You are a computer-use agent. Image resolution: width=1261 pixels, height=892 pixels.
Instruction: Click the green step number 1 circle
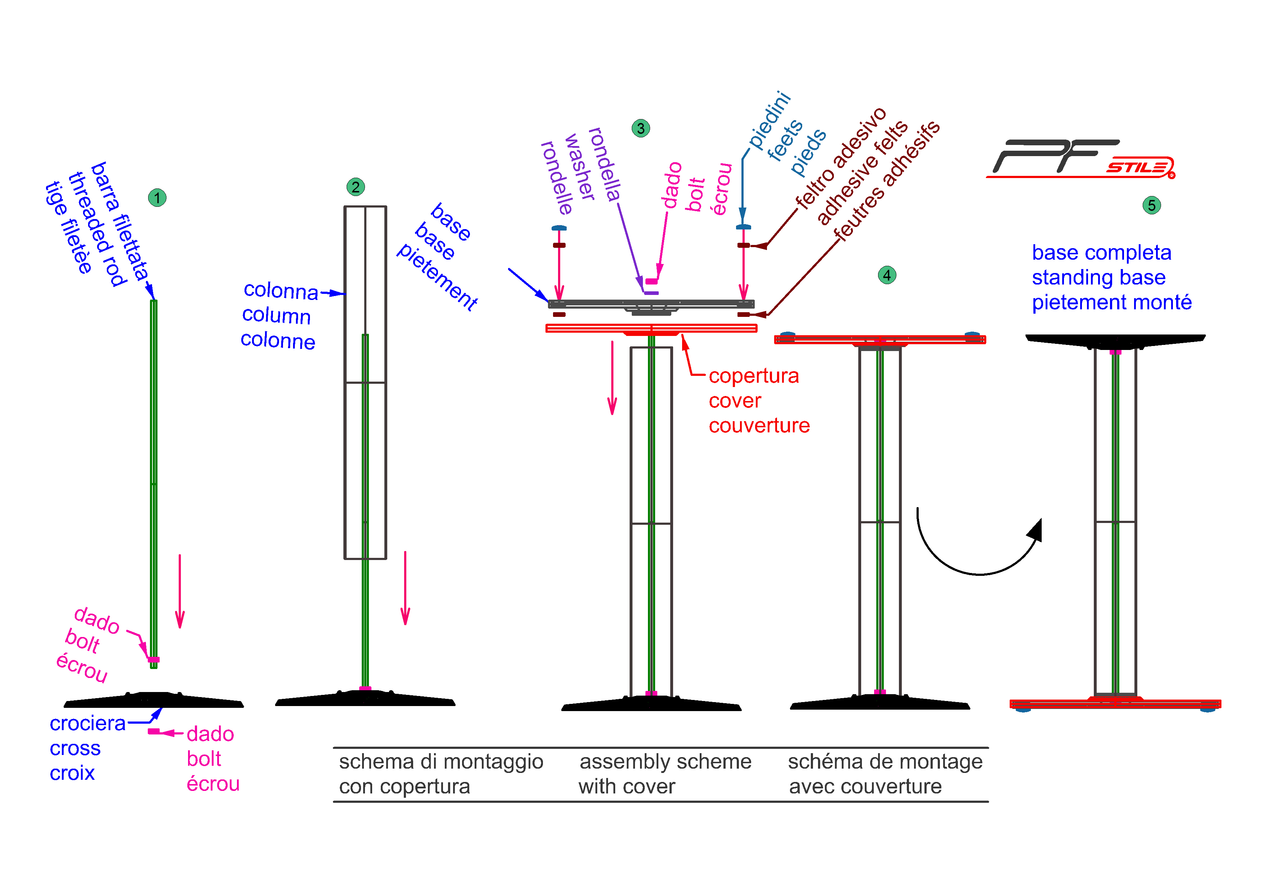click(x=157, y=198)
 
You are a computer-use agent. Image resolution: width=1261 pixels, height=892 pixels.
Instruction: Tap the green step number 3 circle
click(x=640, y=128)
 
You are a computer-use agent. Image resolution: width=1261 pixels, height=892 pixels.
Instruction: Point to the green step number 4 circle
click(x=887, y=275)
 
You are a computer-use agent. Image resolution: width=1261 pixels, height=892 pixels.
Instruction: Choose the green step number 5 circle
click(x=1152, y=205)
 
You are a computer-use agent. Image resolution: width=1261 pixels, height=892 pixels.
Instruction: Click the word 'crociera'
click(x=87, y=723)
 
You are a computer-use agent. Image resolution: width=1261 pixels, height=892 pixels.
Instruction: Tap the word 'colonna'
click(x=281, y=291)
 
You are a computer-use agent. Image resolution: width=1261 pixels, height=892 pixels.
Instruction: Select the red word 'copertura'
click(x=754, y=376)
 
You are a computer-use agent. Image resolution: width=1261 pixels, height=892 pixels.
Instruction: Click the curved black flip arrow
click(x=980, y=574)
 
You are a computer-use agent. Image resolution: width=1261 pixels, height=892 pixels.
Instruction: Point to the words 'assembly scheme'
click(x=665, y=762)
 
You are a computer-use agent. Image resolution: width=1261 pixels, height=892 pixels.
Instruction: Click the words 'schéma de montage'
click(x=885, y=762)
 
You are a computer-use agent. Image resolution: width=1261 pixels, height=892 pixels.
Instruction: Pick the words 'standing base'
click(x=1098, y=277)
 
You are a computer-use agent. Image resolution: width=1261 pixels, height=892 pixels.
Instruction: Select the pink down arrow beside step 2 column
click(x=405, y=588)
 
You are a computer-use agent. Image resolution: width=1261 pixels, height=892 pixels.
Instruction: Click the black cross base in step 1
click(x=154, y=700)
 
